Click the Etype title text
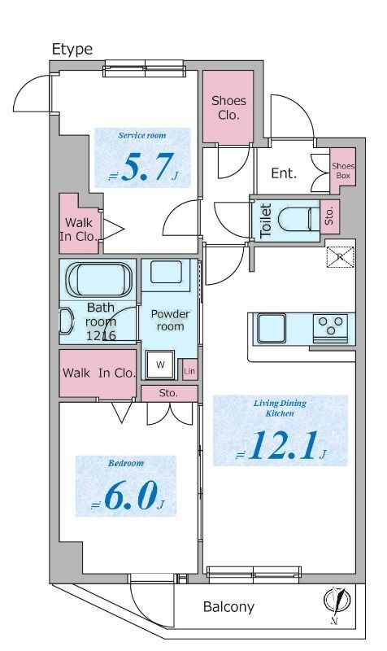(x=72, y=50)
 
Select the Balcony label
(x=228, y=607)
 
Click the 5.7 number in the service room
(x=146, y=167)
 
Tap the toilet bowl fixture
(x=294, y=219)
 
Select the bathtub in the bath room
(x=100, y=279)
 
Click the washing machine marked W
(x=160, y=365)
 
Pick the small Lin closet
(x=189, y=370)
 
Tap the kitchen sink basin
(x=272, y=328)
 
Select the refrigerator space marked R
(x=341, y=256)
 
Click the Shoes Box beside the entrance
(x=343, y=171)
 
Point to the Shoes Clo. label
(x=228, y=107)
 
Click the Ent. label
(x=284, y=173)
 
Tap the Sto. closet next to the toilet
(x=330, y=216)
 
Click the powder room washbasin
(x=166, y=273)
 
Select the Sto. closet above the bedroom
(x=169, y=393)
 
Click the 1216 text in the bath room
(x=101, y=335)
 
